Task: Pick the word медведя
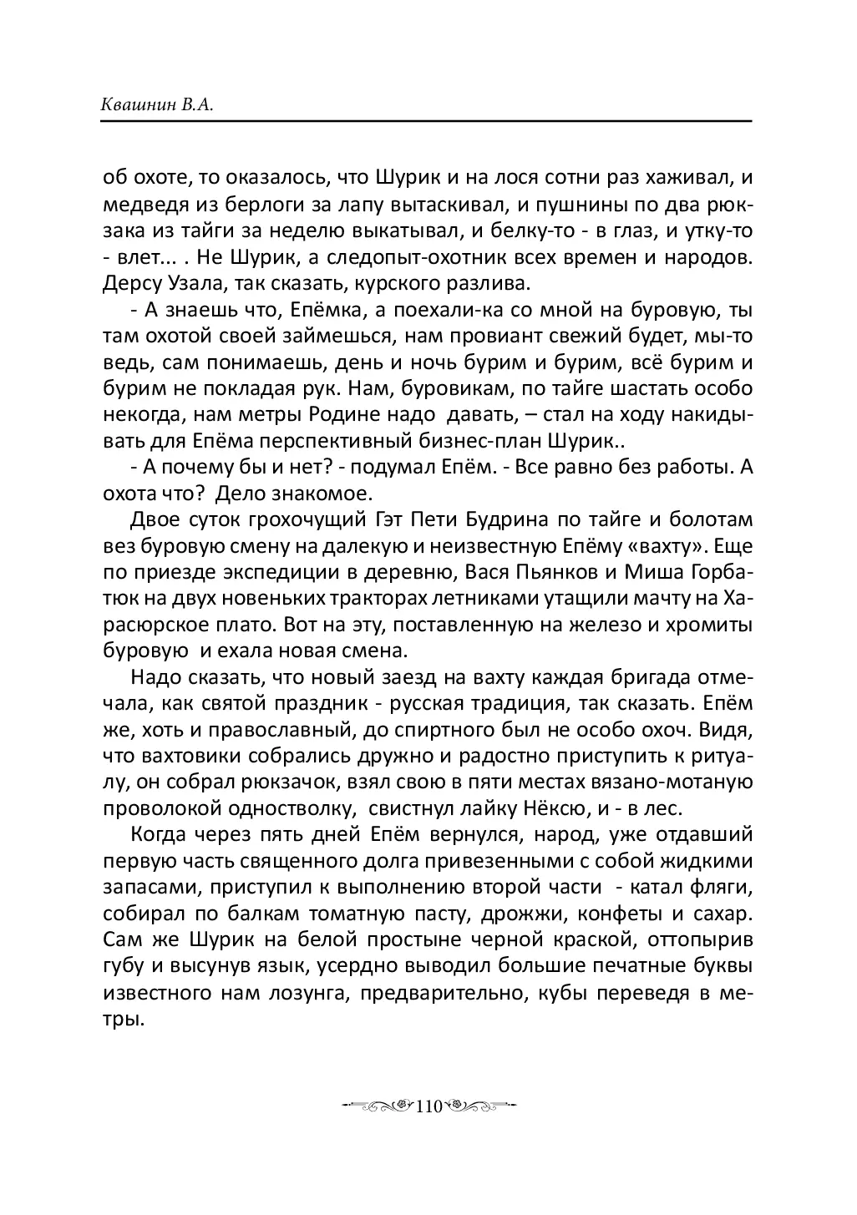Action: click(141, 204)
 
